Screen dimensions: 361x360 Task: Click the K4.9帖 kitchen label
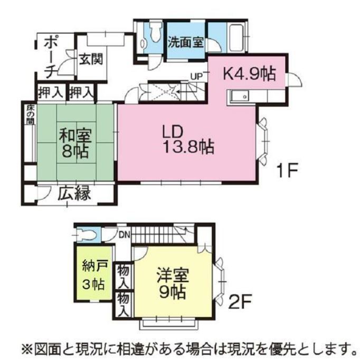coord(250,74)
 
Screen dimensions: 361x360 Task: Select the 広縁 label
coord(74,193)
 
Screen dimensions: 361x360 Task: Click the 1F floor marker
coord(287,170)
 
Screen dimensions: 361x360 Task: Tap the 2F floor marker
coord(242,303)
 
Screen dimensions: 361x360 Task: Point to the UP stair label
coord(196,76)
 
